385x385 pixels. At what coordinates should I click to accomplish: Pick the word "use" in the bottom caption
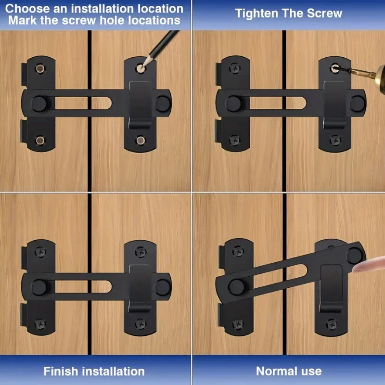click(311, 371)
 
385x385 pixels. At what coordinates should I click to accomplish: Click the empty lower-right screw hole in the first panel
click(140, 141)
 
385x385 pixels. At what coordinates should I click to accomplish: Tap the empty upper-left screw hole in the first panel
click(39, 67)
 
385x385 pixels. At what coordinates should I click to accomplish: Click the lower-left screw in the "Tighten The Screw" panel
click(234, 141)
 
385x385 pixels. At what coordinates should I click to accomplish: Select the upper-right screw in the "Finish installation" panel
click(140, 250)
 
